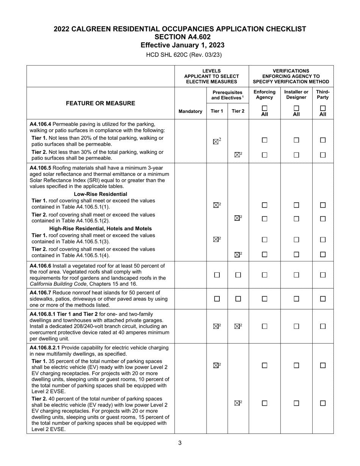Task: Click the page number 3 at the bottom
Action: click(180, 443)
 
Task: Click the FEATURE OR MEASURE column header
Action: click(100, 103)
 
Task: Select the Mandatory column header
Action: click(190, 111)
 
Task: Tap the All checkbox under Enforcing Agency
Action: click(265, 108)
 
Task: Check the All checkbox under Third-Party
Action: click(323, 108)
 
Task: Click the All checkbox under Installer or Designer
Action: click(296, 108)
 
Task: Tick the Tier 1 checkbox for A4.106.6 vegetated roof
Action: click(217, 275)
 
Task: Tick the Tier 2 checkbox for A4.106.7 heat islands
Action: click(238, 299)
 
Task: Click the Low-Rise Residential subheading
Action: click(100, 194)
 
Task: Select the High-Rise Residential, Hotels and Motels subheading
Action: click(100, 228)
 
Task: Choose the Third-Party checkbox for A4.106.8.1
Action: click(323, 326)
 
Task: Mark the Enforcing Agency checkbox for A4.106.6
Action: click(265, 275)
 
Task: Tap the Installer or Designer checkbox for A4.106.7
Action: click(296, 299)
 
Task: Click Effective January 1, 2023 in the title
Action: click(182, 45)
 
